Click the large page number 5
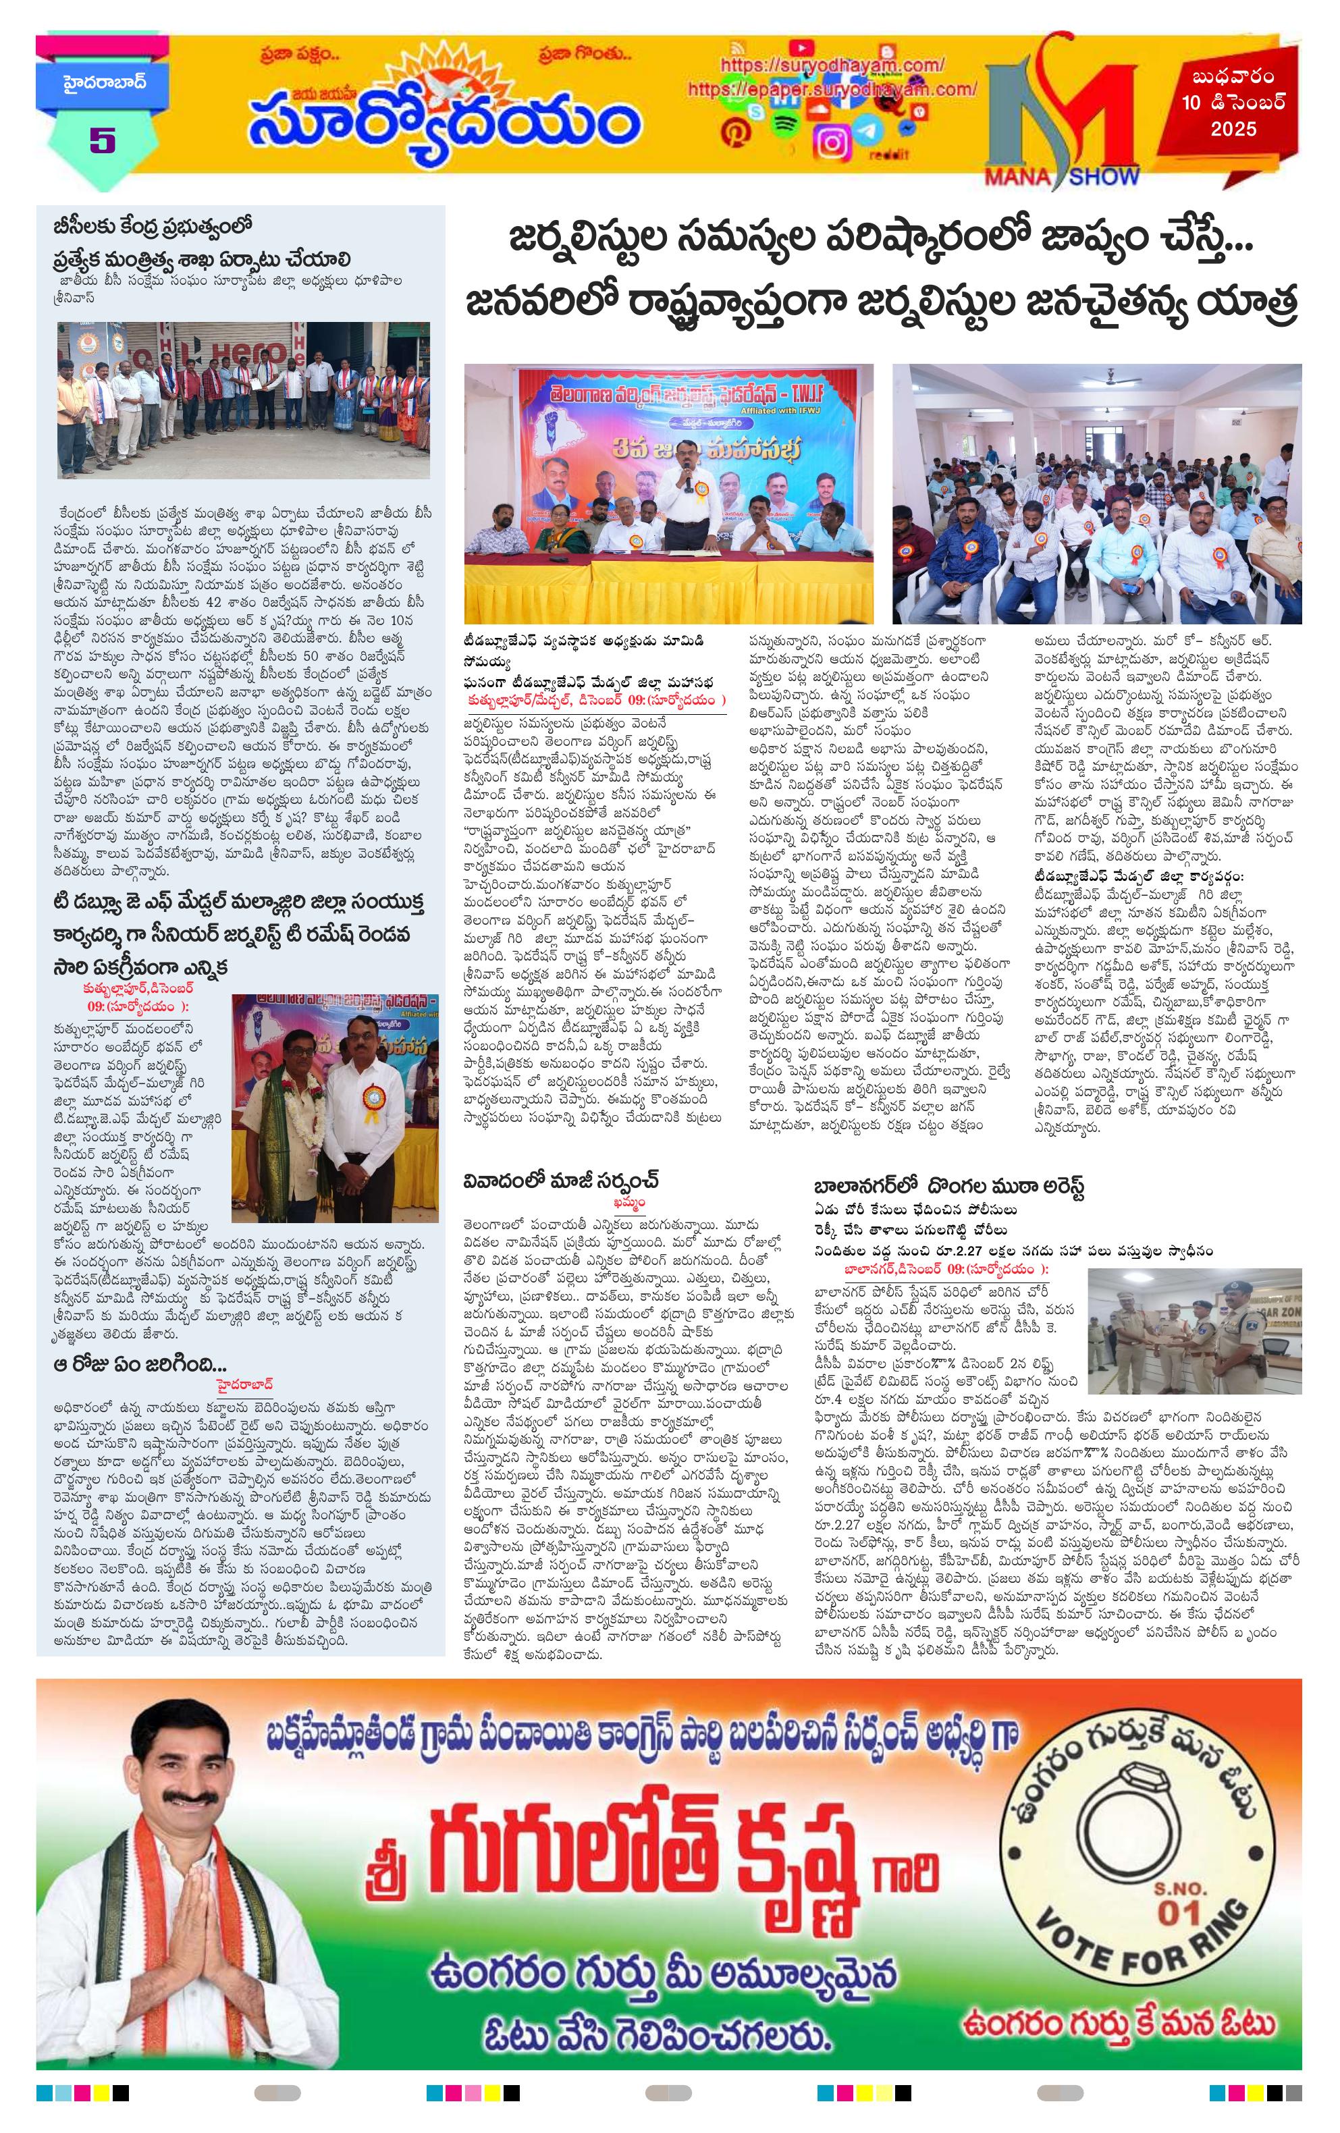click(x=103, y=140)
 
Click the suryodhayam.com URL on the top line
click(x=832, y=65)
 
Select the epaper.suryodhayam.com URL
click(x=832, y=88)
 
